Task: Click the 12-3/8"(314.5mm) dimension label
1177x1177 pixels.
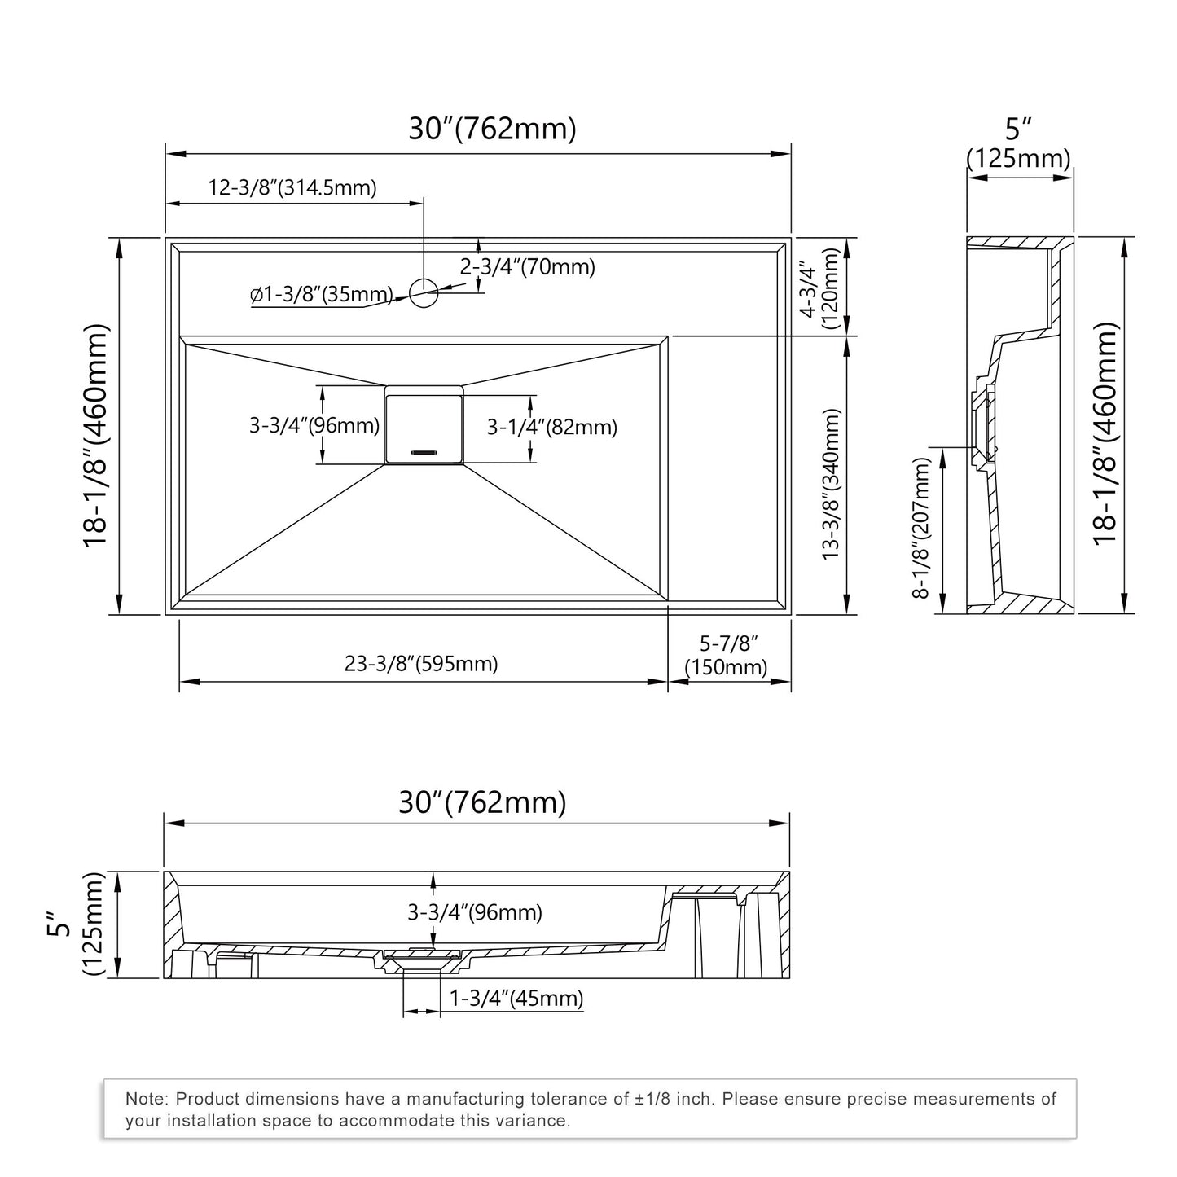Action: pyautogui.click(x=292, y=188)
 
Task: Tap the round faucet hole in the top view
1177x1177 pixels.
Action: pyautogui.click(x=424, y=292)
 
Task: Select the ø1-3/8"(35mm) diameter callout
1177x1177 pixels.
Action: pyautogui.click(x=322, y=295)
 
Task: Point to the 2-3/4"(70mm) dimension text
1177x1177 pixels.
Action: pyautogui.click(x=527, y=266)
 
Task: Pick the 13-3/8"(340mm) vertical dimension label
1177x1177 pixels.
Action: pyautogui.click(x=830, y=484)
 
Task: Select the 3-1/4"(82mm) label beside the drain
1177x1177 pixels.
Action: pyautogui.click(x=551, y=427)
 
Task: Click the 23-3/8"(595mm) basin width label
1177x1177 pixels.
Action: pyautogui.click(x=421, y=664)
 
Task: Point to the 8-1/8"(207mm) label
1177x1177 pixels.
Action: pyautogui.click(x=920, y=528)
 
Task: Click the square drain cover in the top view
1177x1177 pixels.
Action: pyautogui.click(x=424, y=426)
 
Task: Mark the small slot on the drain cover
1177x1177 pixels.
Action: pyautogui.click(x=424, y=450)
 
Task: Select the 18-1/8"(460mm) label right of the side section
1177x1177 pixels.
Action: pyautogui.click(x=1105, y=434)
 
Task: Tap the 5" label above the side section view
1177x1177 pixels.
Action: pyautogui.click(x=1018, y=129)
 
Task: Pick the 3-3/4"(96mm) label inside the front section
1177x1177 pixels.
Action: pyautogui.click(x=475, y=912)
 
